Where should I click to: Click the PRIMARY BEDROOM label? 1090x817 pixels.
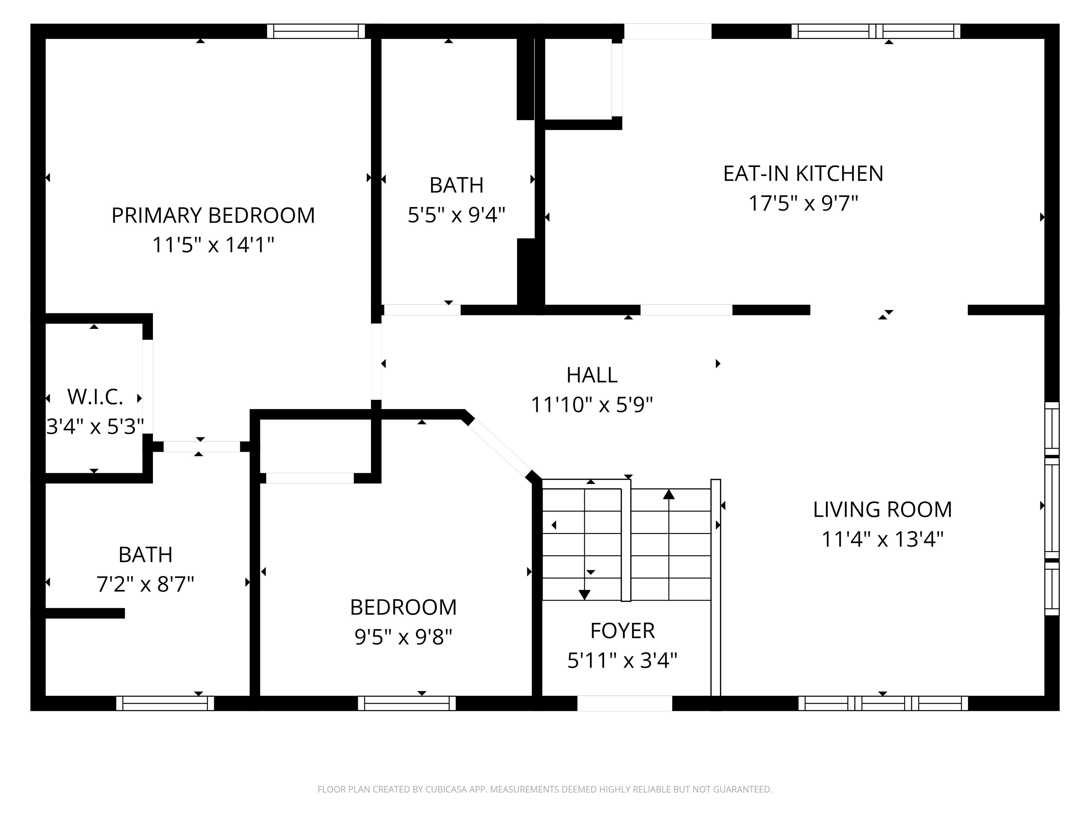tap(213, 216)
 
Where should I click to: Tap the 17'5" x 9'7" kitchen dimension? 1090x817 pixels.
tap(803, 203)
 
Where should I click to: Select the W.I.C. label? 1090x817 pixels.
tap(95, 397)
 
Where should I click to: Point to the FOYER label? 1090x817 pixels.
tap(622, 631)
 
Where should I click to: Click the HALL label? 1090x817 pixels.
tap(591, 375)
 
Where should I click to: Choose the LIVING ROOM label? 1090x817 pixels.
tap(882, 510)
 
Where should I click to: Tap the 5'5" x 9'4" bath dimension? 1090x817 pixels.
tap(456, 215)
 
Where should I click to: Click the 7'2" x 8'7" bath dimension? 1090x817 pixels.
tap(145, 584)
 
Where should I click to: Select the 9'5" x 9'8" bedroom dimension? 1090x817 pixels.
tap(403, 637)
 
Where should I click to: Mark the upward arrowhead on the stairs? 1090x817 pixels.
tap(669, 494)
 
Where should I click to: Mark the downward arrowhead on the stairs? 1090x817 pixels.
tap(584, 594)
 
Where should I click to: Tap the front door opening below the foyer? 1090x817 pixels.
tap(624, 703)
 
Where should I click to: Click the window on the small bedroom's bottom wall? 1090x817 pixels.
tap(407, 703)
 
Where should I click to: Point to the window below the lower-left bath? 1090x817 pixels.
tap(165, 703)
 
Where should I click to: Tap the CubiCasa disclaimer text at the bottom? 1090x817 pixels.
tap(545, 789)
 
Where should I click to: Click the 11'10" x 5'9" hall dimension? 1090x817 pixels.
tap(591, 405)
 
